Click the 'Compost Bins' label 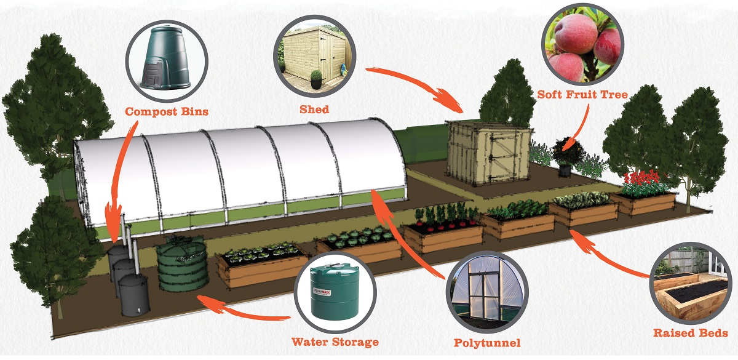coord(167,112)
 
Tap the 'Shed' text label coord(314,110)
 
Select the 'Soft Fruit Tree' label coord(582,95)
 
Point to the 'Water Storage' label coord(335,342)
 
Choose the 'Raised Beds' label coord(691,333)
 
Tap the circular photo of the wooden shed coord(315,54)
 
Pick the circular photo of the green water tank coord(335,292)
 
